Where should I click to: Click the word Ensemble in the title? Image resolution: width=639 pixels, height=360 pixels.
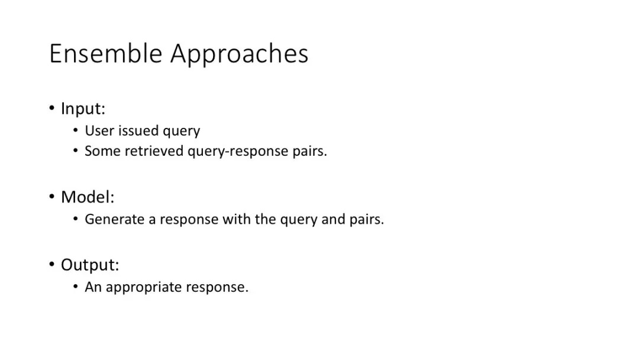coord(105,53)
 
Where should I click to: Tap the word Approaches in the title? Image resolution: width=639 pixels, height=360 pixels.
coord(240,54)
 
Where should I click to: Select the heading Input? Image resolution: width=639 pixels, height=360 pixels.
coord(83,109)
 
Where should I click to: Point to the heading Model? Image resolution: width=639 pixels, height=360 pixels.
coord(88,197)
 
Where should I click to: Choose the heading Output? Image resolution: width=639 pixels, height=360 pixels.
coord(90,265)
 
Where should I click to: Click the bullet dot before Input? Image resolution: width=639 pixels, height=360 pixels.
coord(52,108)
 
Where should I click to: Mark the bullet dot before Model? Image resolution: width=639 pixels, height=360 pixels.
coord(52,196)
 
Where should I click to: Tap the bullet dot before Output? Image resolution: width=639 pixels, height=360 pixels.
coord(52,264)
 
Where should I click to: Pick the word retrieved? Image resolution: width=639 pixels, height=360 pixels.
coord(154,151)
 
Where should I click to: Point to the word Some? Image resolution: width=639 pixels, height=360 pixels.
coord(102,151)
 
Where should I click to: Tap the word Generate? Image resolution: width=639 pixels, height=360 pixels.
coord(114,220)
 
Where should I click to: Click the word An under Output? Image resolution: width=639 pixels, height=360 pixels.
coord(93,287)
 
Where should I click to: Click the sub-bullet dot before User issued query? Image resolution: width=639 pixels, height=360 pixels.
coord(76,130)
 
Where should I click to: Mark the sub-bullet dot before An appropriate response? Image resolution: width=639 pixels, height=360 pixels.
coord(76,287)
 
